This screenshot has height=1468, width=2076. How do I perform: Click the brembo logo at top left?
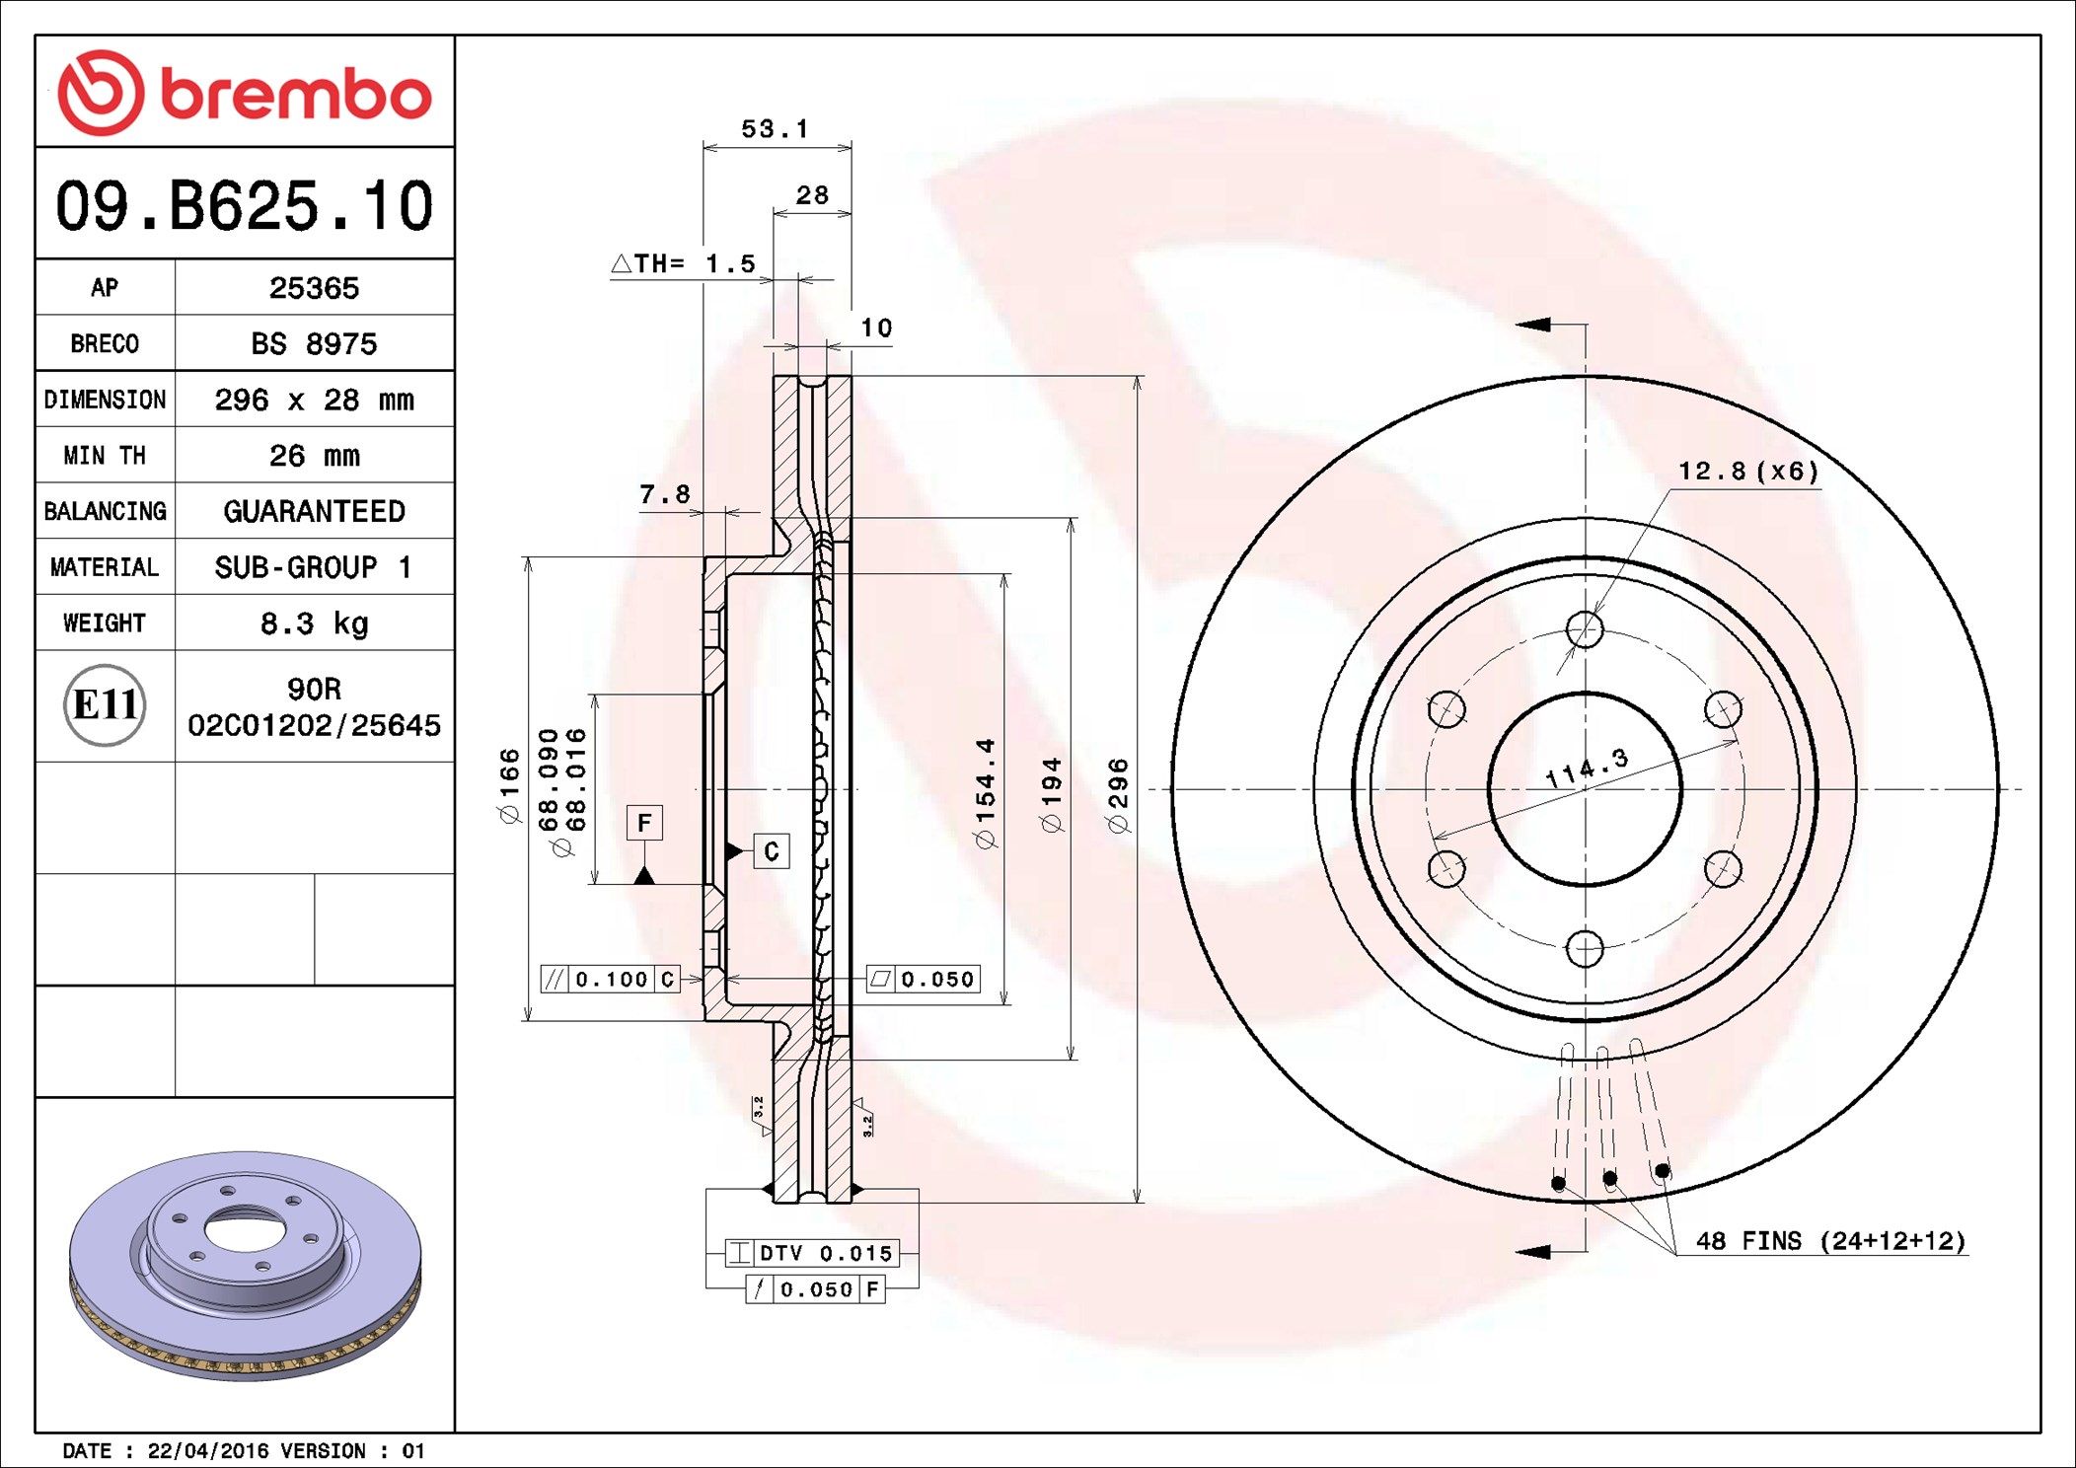[x=244, y=93]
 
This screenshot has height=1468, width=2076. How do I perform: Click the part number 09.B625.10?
[x=244, y=206]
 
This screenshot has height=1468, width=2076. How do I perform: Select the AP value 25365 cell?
[x=314, y=288]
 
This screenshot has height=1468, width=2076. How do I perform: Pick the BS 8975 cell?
[x=314, y=344]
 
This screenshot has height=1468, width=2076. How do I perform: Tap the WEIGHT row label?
[x=105, y=624]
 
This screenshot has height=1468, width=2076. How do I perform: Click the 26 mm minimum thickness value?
[x=314, y=456]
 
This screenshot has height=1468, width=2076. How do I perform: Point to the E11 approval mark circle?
[x=105, y=705]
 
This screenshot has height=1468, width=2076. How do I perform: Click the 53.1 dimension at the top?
[x=775, y=129]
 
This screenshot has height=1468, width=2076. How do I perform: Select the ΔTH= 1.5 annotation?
[x=683, y=264]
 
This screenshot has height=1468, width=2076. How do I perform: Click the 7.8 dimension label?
[x=664, y=494]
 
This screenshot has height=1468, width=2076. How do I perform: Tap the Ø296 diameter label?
[x=1118, y=795]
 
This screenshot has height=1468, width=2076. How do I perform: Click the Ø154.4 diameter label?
[x=985, y=792]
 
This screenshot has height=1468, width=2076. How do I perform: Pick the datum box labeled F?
[x=644, y=823]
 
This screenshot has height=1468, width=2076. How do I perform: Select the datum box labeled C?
[x=772, y=851]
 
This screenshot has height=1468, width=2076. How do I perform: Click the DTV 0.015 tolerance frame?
[x=812, y=1254]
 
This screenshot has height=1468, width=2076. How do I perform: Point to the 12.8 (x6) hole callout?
[x=1747, y=472]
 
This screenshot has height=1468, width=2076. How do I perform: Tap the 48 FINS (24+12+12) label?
[x=1830, y=1241]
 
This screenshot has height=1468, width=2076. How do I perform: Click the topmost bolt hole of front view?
[x=1585, y=629]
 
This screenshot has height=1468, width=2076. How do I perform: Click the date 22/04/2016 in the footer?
[x=207, y=1451]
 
